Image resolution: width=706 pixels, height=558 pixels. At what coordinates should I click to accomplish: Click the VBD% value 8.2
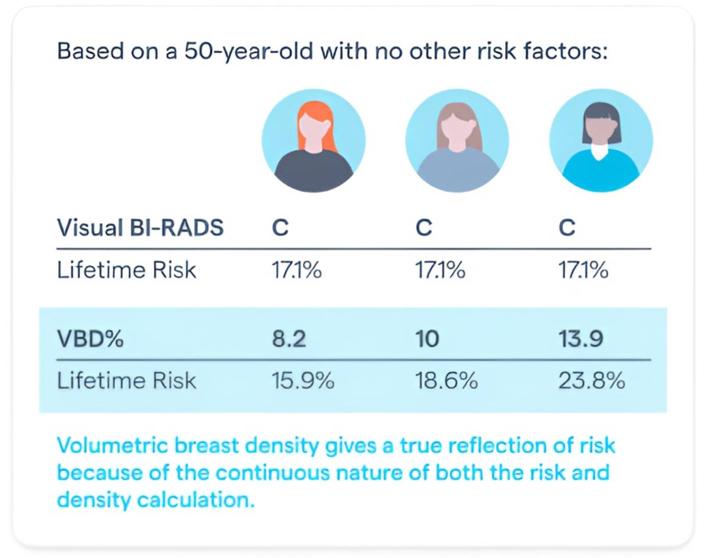(289, 339)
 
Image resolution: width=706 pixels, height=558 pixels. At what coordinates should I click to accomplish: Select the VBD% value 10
(427, 339)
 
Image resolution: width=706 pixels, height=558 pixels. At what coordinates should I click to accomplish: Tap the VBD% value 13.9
(581, 339)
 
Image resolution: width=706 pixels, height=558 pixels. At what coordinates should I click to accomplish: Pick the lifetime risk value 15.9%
(303, 381)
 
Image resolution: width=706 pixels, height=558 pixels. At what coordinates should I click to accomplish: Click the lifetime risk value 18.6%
(446, 381)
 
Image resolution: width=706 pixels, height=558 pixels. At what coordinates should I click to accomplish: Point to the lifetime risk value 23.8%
(592, 381)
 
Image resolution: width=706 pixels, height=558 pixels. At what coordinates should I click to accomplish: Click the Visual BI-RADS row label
(140, 228)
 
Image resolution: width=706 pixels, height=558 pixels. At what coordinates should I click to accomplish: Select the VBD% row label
(90, 339)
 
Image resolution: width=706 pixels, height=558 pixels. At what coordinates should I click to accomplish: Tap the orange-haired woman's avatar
(313, 141)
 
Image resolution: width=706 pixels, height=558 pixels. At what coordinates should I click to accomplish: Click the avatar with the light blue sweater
(457, 141)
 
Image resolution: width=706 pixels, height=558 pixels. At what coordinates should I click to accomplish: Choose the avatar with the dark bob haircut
(601, 141)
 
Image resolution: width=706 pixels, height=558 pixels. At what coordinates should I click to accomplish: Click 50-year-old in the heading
(248, 51)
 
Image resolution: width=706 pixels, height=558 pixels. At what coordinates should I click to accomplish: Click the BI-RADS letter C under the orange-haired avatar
(280, 228)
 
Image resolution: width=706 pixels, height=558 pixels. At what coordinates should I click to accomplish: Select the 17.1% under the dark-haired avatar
(583, 270)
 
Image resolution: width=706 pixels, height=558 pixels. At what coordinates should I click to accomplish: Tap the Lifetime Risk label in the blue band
(126, 381)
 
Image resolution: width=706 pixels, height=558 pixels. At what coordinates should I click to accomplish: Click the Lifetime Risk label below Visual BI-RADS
(126, 270)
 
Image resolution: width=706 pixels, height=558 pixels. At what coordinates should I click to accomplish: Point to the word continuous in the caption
(270, 472)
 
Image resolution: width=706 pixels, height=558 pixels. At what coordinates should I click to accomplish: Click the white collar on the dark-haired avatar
(601, 151)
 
